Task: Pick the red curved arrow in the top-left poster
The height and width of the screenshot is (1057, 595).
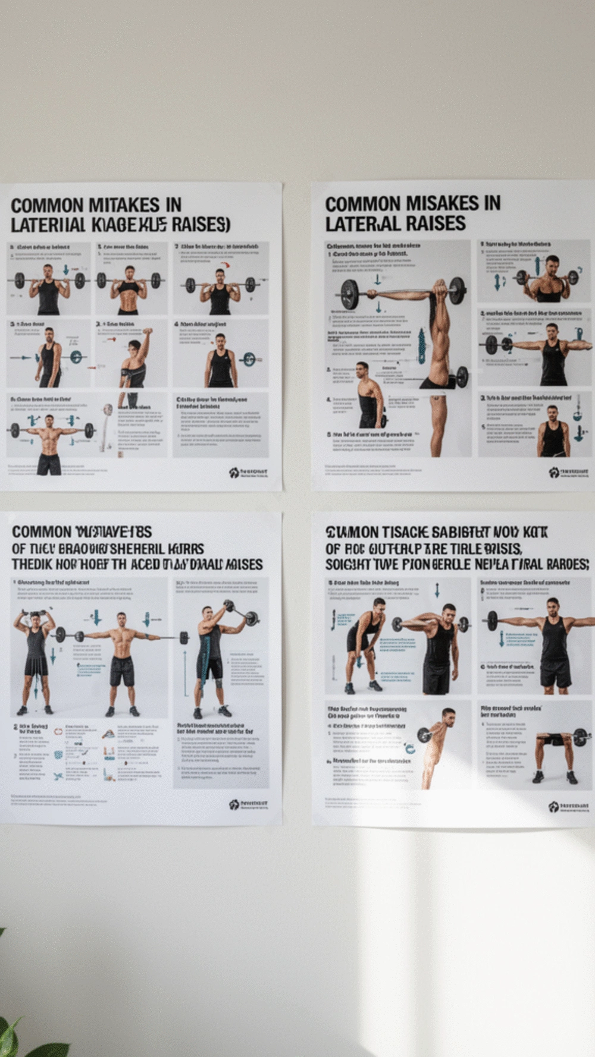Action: [224, 266]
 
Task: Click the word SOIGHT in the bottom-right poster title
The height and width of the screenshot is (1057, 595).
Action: [346, 564]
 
